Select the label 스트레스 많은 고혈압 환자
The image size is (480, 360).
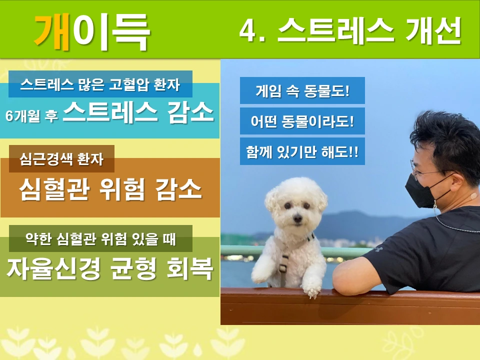(x=100, y=84)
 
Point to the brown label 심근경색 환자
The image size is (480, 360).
(x=61, y=159)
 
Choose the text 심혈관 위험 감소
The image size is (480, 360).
(x=110, y=188)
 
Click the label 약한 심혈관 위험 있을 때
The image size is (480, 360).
(x=100, y=239)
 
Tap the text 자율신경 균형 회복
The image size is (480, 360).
(x=110, y=269)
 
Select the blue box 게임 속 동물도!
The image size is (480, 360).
(x=302, y=91)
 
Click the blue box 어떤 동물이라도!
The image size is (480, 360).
(x=302, y=121)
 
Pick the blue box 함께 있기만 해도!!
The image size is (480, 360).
(x=302, y=151)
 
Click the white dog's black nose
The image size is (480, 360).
(x=297, y=218)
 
